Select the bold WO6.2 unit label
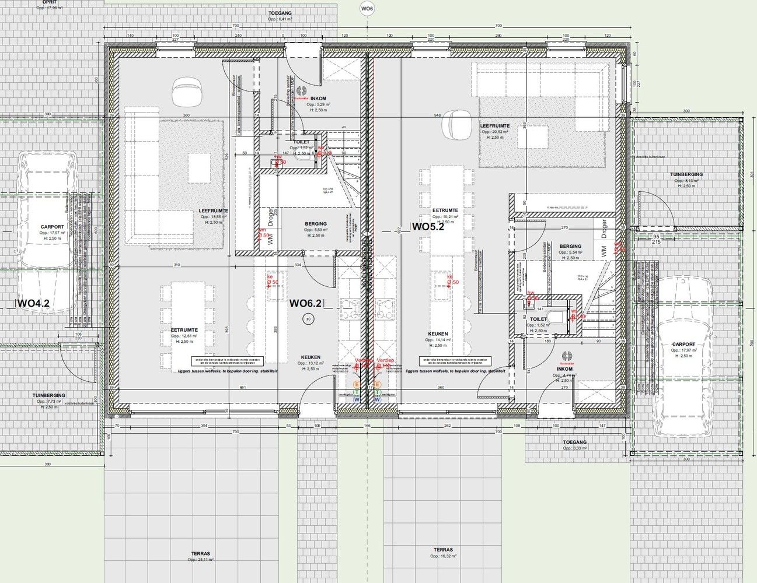[306, 303]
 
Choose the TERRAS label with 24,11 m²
[200, 554]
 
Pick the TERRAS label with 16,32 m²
[443, 550]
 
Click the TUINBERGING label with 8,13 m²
[686, 175]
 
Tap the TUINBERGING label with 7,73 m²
[48, 395]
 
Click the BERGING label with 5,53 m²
[316, 224]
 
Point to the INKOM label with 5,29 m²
[319, 99]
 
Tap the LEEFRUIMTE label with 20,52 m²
[495, 126]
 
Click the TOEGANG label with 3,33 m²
[574, 442]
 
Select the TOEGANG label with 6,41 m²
[280, 12]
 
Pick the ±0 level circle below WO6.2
[308, 319]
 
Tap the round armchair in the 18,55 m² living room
[186, 92]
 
